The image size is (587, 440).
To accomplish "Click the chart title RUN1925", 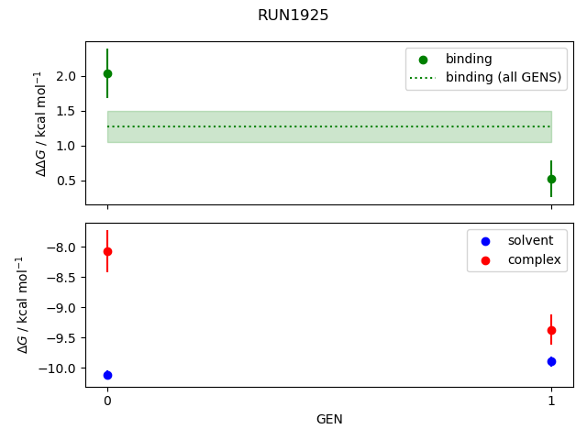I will pos(293,16).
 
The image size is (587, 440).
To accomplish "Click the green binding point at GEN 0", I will pos(107,73).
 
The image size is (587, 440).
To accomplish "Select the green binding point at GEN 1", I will pos(551,179).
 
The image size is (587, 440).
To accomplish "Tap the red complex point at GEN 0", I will pos(107,251).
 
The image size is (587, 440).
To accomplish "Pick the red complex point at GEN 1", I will pos(551,330).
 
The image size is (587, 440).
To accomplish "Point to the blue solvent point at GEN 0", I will pos(107,375).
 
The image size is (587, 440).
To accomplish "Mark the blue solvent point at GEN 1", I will pos(551,361).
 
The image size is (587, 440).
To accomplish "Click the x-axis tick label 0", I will pos(107,401).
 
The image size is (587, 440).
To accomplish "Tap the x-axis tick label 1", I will pos(551,401).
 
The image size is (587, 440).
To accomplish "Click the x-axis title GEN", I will pos(329,419).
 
